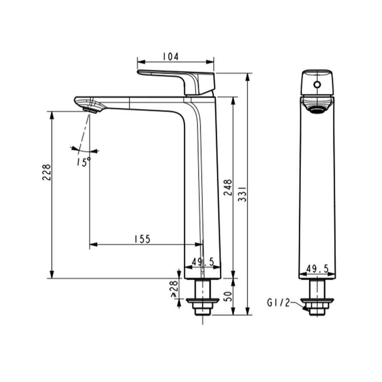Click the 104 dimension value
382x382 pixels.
[x=170, y=57]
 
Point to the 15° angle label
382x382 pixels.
[x=83, y=161]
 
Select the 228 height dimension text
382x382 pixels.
[x=46, y=173]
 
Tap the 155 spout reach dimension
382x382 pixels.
[x=142, y=239]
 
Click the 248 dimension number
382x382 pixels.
[x=228, y=187]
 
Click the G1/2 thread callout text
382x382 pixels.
[x=278, y=303]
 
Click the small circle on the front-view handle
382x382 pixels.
[x=317, y=84]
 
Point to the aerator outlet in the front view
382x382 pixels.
[x=317, y=110]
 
